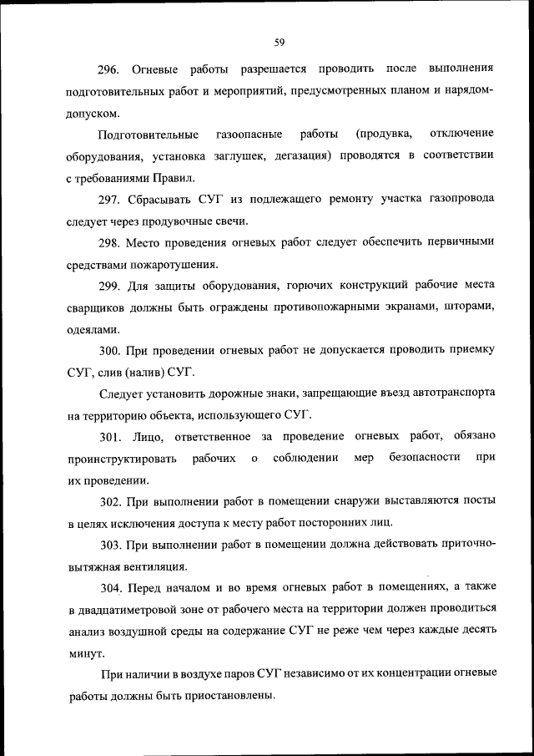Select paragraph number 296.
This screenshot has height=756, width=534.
pos(111,67)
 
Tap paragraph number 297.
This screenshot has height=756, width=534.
pos(111,199)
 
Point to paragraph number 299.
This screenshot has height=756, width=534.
pos(111,287)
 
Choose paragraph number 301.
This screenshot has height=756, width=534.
pos(111,435)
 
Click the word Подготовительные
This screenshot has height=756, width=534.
pos(148,133)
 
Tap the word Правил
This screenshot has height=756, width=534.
pos(174,177)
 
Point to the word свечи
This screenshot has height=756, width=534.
pos(229,221)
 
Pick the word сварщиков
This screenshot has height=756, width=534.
pos(96,308)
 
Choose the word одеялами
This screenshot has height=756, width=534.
pos(91,330)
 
